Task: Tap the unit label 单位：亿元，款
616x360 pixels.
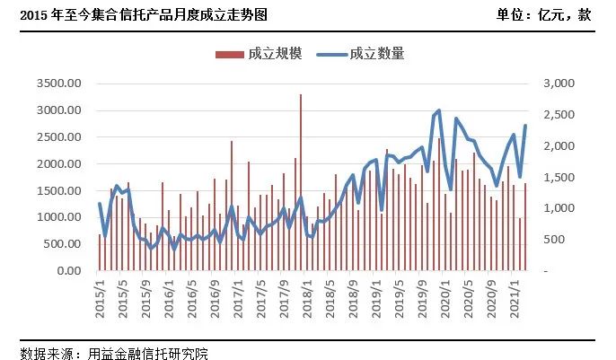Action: tap(543, 15)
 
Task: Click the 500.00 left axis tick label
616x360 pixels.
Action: tap(62, 244)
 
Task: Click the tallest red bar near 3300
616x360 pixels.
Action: tap(301, 180)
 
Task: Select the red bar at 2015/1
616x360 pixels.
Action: tap(100, 252)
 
